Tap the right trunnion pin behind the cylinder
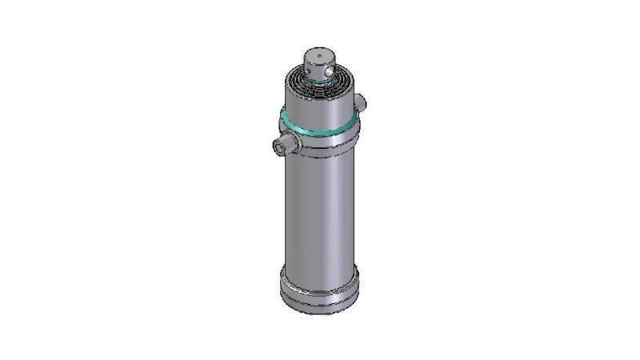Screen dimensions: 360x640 click(361, 102)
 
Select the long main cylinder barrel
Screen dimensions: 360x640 click(318, 208)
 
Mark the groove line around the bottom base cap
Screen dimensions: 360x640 click(319, 294)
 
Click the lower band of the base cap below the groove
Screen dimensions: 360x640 click(319, 303)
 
